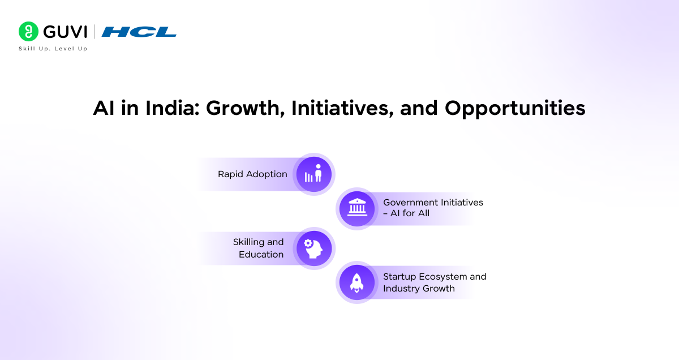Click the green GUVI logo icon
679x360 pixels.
(x=29, y=32)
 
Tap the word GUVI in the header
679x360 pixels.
(x=65, y=32)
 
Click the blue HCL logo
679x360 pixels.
(x=139, y=32)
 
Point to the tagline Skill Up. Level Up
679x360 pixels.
(x=53, y=49)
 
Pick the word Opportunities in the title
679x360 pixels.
(x=514, y=108)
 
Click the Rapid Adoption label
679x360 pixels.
(x=252, y=174)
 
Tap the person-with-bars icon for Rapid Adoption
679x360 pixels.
(x=313, y=174)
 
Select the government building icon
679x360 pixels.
(x=357, y=208)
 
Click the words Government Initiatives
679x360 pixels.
(x=433, y=202)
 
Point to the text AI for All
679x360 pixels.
(x=410, y=213)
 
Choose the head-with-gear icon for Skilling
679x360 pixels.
(x=313, y=248)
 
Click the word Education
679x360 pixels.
(x=261, y=254)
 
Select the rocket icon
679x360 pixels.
(x=357, y=282)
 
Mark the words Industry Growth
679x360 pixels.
(x=419, y=288)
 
